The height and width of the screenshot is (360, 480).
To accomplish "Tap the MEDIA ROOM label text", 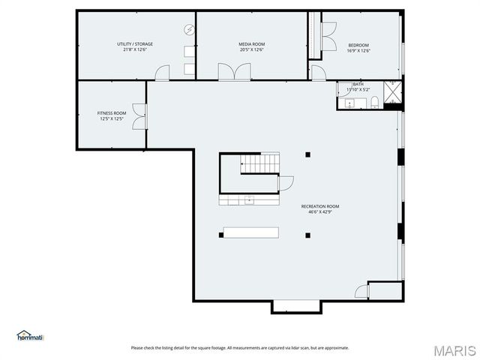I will click(252, 44).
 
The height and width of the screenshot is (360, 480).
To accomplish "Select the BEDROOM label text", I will click(358, 45).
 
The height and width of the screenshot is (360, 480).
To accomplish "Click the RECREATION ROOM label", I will click(320, 206).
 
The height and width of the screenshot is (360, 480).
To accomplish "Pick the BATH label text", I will click(358, 85).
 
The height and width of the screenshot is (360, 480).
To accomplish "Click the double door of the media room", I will click(234, 72).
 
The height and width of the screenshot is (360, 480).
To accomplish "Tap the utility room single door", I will click(162, 73).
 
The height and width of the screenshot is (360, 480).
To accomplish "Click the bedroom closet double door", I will click(328, 36).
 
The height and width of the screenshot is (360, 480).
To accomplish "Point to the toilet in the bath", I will click(373, 103).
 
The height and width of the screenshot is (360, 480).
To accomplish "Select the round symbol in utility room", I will click(190, 31).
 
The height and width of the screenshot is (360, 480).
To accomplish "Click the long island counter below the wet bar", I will click(250, 232).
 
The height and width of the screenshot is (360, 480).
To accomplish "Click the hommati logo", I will click(30, 335).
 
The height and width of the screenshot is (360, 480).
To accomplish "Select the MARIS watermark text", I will click(454, 349).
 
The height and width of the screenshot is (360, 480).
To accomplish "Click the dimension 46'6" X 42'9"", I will click(320, 212).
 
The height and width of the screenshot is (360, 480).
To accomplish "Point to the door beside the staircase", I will click(286, 182).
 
